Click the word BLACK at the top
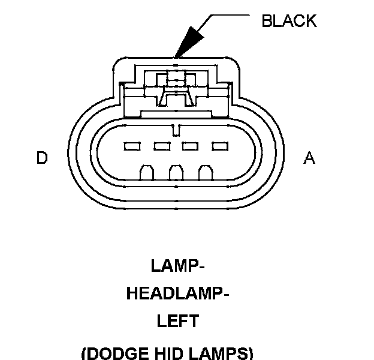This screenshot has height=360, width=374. (289, 21)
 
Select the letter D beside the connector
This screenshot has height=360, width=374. (42, 158)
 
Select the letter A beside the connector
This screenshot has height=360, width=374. (309, 158)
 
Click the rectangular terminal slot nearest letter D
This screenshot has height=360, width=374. (131, 146)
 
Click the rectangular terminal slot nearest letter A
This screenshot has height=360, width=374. (220, 146)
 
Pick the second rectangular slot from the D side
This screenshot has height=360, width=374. (161, 146)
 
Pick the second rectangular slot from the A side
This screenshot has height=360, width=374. (191, 146)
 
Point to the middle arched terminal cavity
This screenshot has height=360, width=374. (176, 173)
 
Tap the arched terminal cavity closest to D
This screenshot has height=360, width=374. (146, 173)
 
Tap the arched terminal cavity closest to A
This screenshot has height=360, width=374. (206, 173)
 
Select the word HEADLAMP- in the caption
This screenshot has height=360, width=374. (178, 294)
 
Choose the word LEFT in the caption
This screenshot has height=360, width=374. (178, 322)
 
